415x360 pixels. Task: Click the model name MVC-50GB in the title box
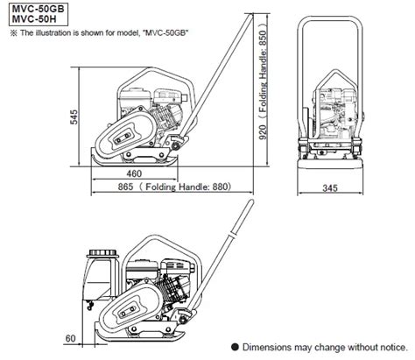coord(38,9)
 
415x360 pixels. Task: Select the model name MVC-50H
coord(34,19)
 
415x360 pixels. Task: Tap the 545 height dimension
coord(74,116)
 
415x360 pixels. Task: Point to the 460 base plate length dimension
coord(134,173)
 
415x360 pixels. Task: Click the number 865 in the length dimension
coord(125,187)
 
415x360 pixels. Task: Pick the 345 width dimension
coord(330,187)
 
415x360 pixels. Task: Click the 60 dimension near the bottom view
coord(71,338)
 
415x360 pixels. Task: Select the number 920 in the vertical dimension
coord(263,132)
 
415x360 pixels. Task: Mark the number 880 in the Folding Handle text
coord(220,187)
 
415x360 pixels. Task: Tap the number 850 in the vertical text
coord(263,38)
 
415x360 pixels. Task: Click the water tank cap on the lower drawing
coord(102,252)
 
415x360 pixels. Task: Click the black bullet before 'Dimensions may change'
coord(235,347)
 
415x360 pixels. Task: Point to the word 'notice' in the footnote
coord(392,347)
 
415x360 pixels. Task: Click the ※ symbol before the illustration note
coord(14,32)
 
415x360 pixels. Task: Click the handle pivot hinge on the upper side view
coord(176,145)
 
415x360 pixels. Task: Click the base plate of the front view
coord(330,163)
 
